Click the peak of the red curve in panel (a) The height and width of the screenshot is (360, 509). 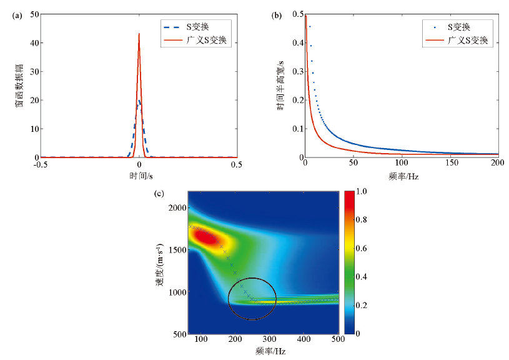pos(139,34)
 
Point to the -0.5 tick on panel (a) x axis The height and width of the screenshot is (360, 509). pos(42,164)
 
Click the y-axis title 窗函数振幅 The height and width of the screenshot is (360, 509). pos(19,85)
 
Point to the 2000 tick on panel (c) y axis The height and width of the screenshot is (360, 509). pos(176,207)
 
